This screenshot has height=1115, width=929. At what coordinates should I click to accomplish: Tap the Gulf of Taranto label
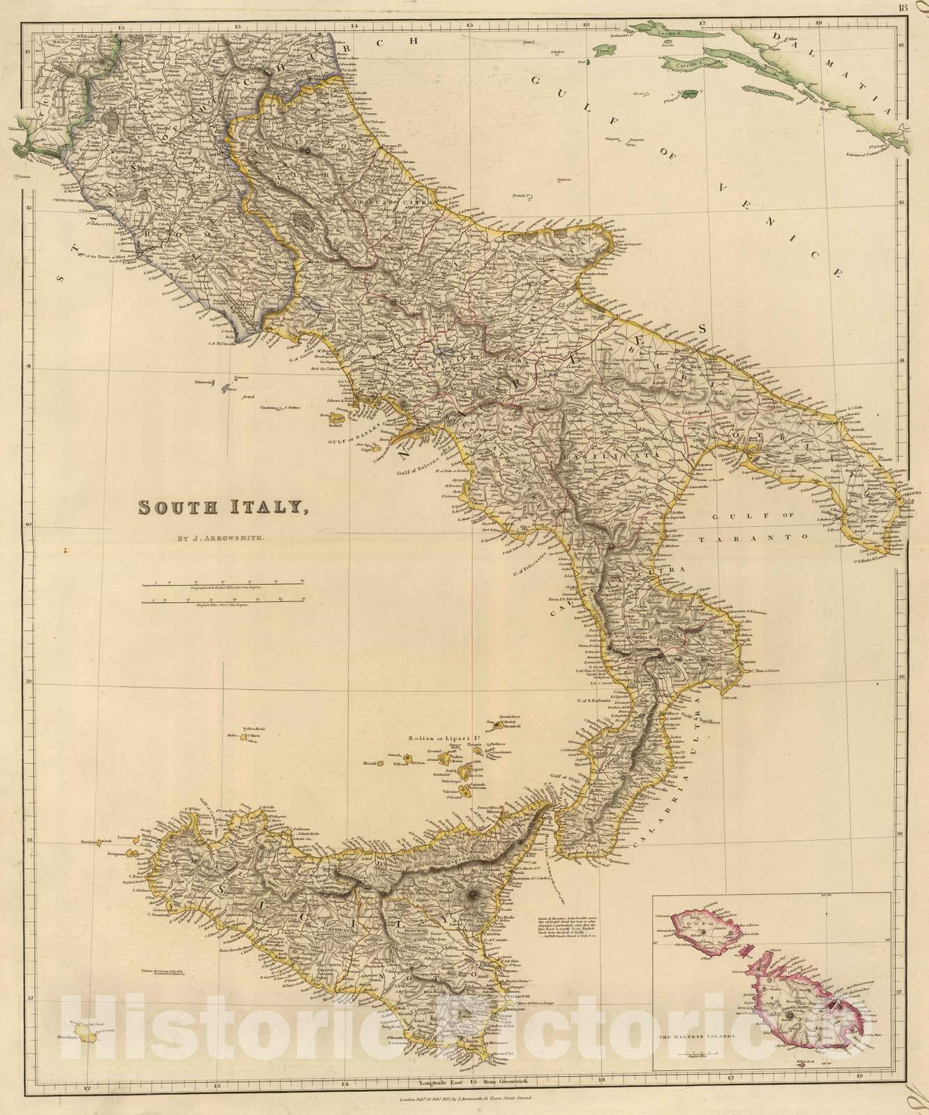(760, 537)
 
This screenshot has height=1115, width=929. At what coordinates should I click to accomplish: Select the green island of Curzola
(694, 64)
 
